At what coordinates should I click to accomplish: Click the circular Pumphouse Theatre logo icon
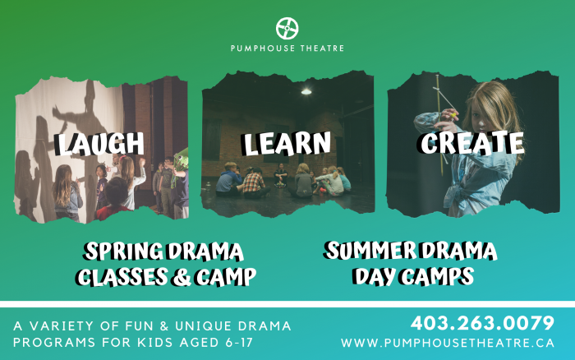coord(287,28)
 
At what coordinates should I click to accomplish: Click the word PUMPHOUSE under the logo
coord(263,48)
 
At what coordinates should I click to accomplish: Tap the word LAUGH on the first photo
coord(99,143)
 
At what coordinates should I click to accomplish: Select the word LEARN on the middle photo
coord(287,143)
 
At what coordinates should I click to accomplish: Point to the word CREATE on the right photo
coord(471,142)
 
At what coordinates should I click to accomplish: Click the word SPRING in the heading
coord(124,252)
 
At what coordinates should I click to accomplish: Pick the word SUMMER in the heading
coord(370,251)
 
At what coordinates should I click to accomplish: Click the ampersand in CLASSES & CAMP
coord(182,277)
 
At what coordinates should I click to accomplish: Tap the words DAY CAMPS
coord(413,276)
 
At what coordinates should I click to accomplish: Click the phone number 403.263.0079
coord(482,323)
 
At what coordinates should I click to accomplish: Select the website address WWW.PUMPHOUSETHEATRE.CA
coord(448,343)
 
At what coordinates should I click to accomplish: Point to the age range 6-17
coord(239,343)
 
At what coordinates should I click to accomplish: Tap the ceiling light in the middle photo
coord(306,91)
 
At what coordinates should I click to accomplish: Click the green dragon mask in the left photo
coord(182,160)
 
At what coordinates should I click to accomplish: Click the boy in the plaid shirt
coord(255,182)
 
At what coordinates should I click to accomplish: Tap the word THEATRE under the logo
coord(322,48)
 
